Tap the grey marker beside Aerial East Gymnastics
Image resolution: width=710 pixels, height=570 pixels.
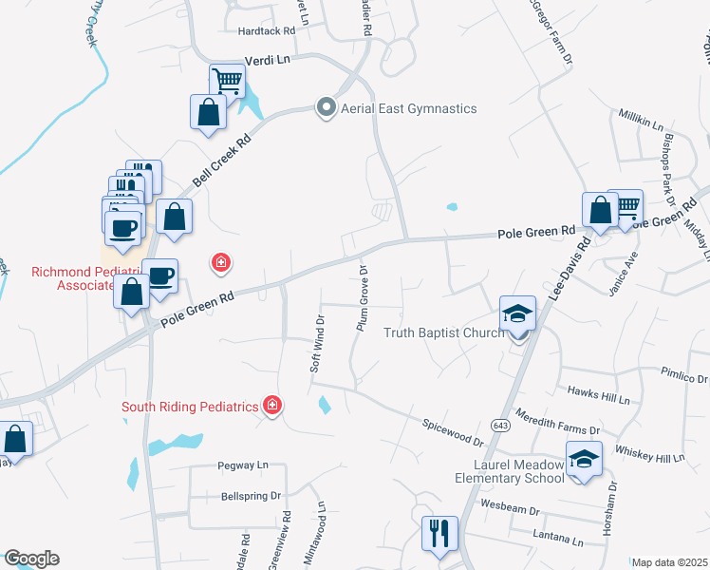[x=327, y=108]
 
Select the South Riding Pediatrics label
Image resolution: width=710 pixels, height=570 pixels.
[x=190, y=408]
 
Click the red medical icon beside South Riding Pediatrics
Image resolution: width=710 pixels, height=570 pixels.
[x=272, y=407]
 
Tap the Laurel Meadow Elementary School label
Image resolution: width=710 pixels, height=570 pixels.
[x=520, y=471]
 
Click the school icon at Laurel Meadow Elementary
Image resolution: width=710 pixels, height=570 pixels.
[x=583, y=460]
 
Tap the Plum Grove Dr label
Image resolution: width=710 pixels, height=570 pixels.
[x=362, y=298]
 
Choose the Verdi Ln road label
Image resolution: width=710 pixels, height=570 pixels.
[x=266, y=59]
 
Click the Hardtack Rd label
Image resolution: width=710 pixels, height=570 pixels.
[x=267, y=31]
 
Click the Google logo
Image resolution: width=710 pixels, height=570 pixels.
[x=31, y=559]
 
